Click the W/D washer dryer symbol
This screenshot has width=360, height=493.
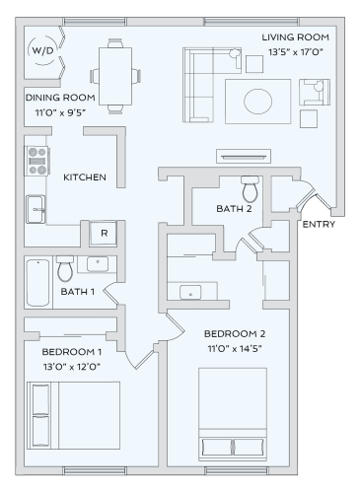pos(42,50)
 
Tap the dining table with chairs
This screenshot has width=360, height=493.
pos(112,75)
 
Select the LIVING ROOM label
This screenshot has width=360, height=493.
pos(295,37)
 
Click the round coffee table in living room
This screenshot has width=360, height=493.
pos(259,100)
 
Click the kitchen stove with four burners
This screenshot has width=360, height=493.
pos(37,160)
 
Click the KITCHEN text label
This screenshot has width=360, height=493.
pos(85,178)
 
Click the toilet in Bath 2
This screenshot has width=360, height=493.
pos(249,186)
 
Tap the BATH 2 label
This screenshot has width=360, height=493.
pos(235,209)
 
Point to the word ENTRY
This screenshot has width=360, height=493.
pos(319,224)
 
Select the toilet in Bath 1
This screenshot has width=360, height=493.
pos(66,267)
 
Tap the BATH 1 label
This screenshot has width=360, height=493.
pos(78,292)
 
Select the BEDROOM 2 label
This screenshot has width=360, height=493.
pos(235,333)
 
